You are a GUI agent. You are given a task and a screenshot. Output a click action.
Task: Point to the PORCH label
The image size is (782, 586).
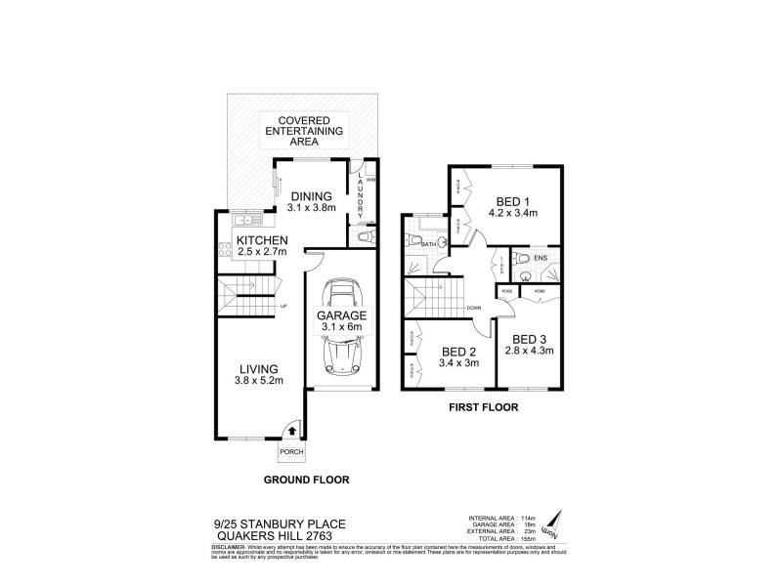[291, 453]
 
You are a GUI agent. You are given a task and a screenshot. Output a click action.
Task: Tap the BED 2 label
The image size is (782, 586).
[458, 353]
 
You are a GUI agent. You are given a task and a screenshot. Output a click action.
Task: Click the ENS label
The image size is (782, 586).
[541, 258]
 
